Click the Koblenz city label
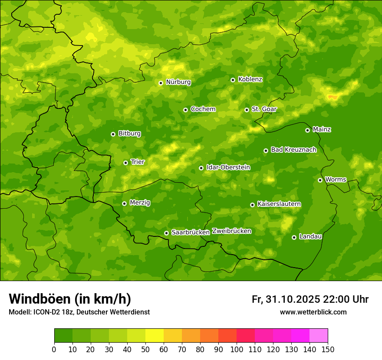250,79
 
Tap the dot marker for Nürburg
161,83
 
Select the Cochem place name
203,109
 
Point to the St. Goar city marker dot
247,110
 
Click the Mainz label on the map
322,130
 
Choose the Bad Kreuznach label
293,150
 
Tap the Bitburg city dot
113,134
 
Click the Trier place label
138,162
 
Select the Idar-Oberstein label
228,167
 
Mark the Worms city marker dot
320,180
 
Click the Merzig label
140,203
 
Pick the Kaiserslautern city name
279,204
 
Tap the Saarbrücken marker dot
166,233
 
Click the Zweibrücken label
231,231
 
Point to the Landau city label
310,237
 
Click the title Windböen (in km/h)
70,299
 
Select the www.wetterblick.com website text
313,312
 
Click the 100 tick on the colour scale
237,349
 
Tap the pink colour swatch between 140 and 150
319,336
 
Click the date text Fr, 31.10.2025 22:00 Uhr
310,299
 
